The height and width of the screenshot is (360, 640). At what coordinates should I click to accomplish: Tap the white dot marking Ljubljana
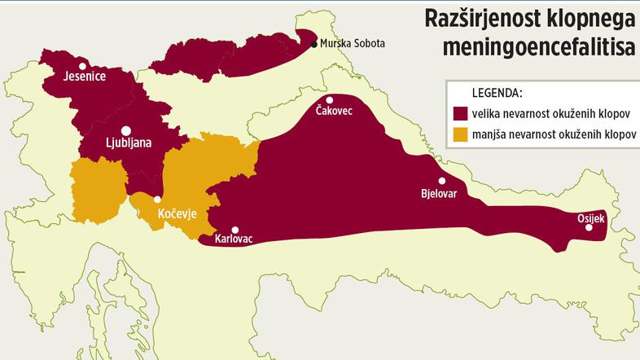(x=126, y=130)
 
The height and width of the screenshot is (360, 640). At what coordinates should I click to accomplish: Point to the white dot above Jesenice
(x=81, y=66)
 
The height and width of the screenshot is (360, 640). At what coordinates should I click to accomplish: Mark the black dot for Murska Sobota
(x=314, y=44)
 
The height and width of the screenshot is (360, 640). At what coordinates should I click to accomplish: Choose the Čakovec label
(x=334, y=111)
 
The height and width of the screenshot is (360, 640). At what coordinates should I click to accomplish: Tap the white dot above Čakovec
(x=330, y=99)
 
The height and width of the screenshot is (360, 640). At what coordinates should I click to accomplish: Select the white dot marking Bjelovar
(x=442, y=182)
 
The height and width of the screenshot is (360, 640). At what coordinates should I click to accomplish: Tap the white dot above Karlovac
(x=235, y=230)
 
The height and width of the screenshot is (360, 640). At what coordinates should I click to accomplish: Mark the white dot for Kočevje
(x=157, y=200)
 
